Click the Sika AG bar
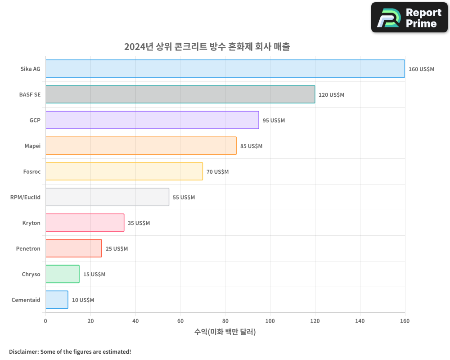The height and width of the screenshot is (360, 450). coord(225,69)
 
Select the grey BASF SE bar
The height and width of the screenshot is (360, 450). coord(180,94)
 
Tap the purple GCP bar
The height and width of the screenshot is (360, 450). coord(152,120)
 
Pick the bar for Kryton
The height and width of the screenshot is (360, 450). coord(85,223)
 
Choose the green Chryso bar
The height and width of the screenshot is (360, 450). coord(62,274)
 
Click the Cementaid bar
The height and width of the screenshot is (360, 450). coord(57,300)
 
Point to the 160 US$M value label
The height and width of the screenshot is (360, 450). coord(421,69)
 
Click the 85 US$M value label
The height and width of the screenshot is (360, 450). coord(251,146)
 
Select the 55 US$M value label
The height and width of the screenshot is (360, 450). coord(184,198)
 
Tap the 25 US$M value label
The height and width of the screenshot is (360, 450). coord(117,249)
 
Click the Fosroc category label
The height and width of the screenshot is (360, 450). coord(31,171)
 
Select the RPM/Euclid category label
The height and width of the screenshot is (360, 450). coord(25,197)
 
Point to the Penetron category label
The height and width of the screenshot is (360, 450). coord(28,248)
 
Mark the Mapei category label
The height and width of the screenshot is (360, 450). coord(32,146)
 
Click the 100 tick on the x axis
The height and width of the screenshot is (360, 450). coord(270,321)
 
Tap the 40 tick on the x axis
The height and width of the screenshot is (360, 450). coord(135,321)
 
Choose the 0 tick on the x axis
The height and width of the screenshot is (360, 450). coord(45,321)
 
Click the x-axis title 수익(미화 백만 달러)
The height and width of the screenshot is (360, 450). coord(225,332)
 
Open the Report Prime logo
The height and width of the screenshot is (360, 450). coord(409,18)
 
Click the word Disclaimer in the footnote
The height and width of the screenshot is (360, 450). coord(23,351)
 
